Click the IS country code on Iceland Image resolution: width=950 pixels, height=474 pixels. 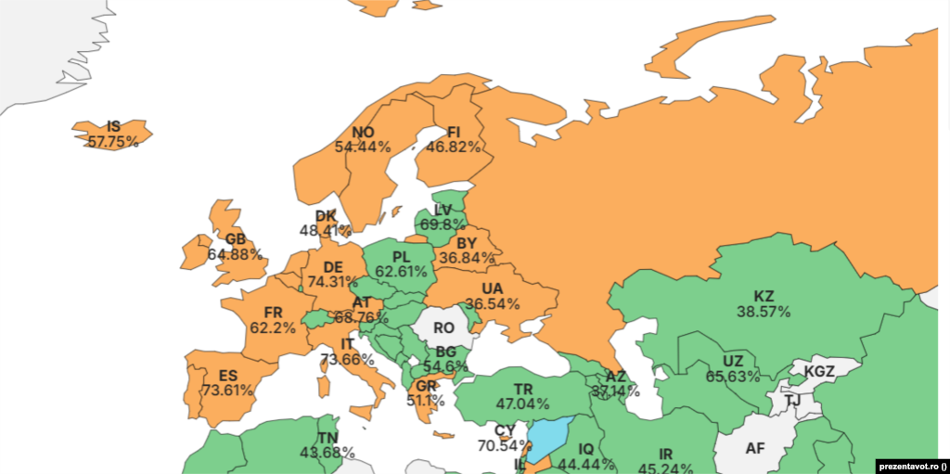113,126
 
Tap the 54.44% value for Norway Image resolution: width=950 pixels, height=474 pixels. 362,147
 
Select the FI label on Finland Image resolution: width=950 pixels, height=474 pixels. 454,132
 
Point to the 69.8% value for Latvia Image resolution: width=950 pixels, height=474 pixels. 443,224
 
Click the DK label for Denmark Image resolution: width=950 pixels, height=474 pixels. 326,216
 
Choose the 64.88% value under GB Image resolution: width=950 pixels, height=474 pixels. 235,253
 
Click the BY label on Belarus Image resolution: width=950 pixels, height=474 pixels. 467,243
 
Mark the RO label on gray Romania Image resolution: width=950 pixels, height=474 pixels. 444,327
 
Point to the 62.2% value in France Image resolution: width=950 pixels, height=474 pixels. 273,327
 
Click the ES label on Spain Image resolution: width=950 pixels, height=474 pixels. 228,376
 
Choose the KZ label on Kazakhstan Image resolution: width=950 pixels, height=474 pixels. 764,297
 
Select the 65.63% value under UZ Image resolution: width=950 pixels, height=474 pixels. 732,377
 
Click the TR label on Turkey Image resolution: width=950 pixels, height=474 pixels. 522,388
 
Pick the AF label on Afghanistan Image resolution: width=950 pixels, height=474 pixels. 755,448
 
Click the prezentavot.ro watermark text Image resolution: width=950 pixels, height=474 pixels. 908,466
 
